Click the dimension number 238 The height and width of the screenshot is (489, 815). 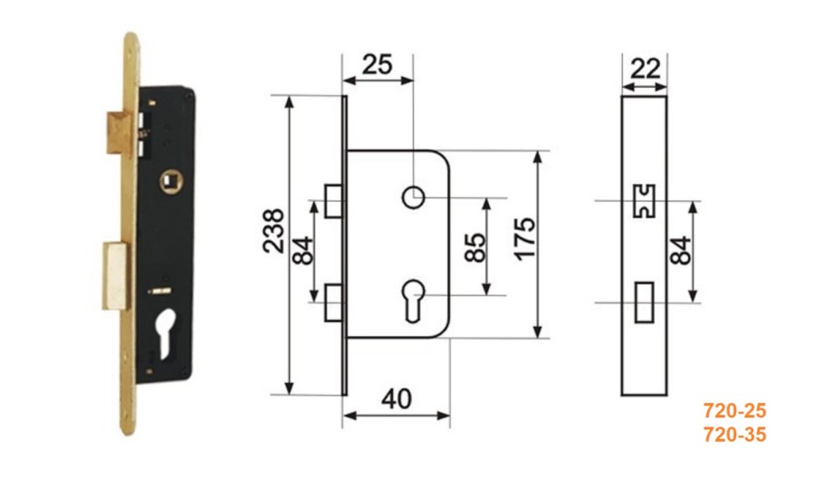[x=273, y=231]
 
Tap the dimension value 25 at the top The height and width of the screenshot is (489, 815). [x=378, y=65]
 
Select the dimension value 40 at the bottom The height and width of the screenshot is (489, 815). [x=397, y=399]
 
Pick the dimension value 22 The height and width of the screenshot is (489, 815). [x=645, y=69]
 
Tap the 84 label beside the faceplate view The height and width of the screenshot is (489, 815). [x=680, y=251]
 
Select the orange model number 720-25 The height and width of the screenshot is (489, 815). [x=735, y=411]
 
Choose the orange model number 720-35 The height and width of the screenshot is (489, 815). [x=735, y=435]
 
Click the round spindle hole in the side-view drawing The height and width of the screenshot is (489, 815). [x=414, y=197]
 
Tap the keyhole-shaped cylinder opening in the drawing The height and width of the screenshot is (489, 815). [x=414, y=301]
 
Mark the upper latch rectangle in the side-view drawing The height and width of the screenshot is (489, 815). [x=333, y=200]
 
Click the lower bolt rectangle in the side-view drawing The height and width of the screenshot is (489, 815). [x=333, y=302]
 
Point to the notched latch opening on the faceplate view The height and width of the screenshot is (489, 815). [x=644, y=201]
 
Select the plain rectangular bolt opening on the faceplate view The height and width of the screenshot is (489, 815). [x=645, y=302]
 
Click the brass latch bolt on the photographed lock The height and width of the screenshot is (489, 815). [x=118, y=133]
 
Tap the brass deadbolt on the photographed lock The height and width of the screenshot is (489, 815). [x=115, y=275]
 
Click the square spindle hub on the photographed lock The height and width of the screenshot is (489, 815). [x=170, y=181]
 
